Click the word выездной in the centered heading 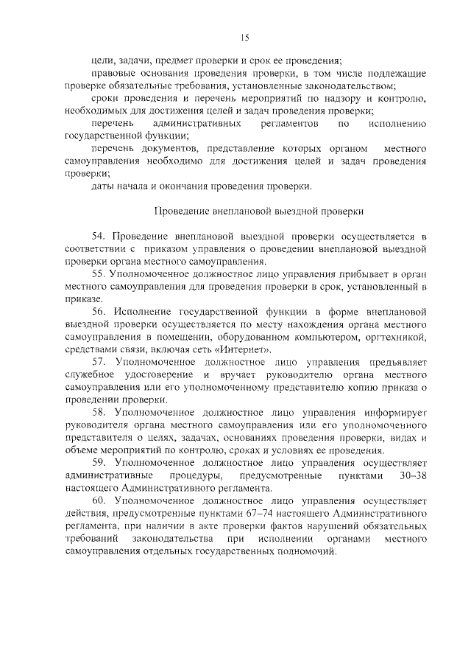298,211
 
